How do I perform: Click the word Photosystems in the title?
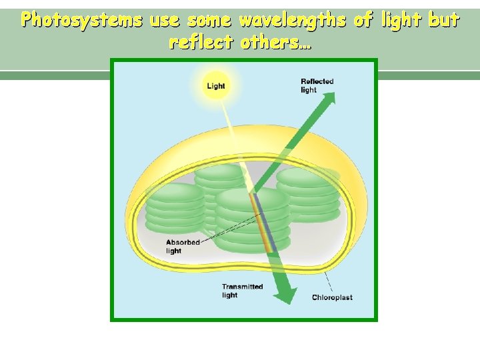click(81, 21)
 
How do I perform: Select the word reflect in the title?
click(201, 43)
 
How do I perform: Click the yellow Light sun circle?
click(216, 86)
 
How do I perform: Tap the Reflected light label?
click(317, 85)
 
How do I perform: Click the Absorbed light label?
click(183, 247)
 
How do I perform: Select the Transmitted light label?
click(242, 291)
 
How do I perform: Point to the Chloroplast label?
click(332, 297)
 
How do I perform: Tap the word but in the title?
click(444, 21)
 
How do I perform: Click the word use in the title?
click(164, 21)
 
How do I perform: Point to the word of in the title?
click(363, 21)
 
